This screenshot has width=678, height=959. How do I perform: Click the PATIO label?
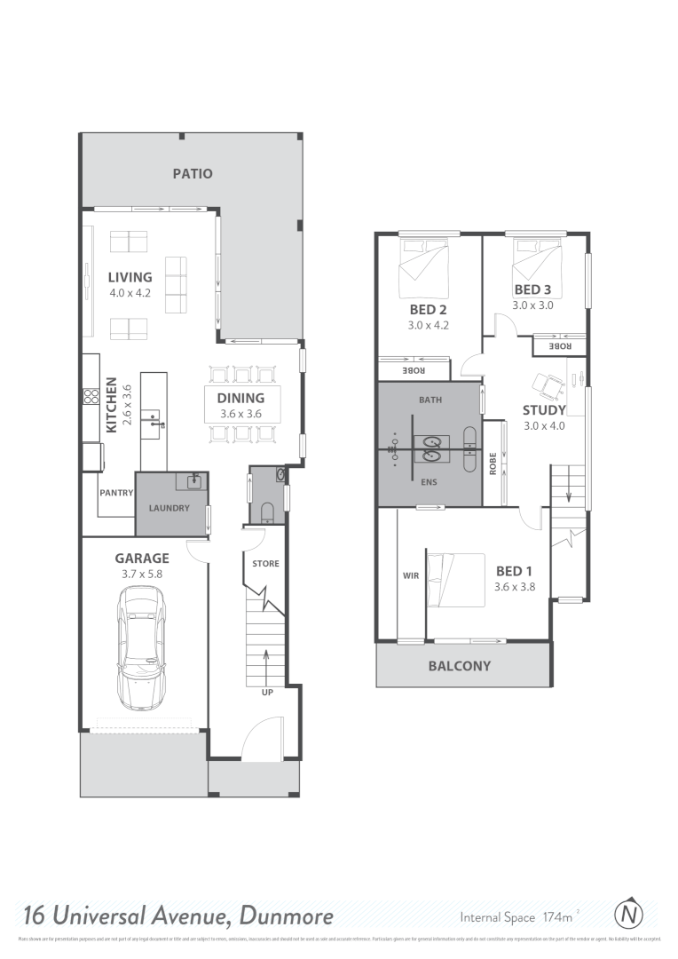(192, 174)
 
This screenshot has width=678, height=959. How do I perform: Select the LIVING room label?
(130, 277)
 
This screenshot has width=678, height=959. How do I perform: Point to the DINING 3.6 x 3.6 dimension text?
(240, 414)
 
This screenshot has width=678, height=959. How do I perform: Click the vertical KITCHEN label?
(112, 408)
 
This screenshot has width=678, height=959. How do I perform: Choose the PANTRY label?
(115, 493)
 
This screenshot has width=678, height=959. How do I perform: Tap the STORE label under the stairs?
(265, 563)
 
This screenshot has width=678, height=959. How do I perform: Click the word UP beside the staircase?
(267, 691)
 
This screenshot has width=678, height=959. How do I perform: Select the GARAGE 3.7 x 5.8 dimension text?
(142, 575)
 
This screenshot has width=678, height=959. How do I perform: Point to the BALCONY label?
(459, 666)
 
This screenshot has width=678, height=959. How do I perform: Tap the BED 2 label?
(428, 310)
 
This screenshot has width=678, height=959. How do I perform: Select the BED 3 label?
(532, 289)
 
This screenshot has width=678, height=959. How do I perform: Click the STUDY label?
(544, 410)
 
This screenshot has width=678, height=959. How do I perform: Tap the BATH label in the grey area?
(430, 400)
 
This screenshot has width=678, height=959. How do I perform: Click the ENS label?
(430, 485)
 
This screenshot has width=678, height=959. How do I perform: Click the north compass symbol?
(629, 914)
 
